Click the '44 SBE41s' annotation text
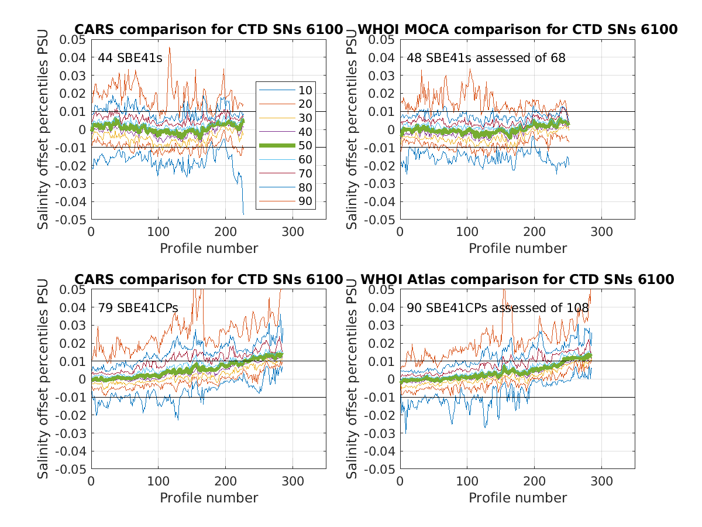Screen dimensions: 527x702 pyautogui.click(x=122, y=57)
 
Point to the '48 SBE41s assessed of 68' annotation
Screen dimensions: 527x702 pyautogui.click(x=486, y=57)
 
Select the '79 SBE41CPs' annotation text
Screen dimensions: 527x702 pyautogui.click(x=138, y=307)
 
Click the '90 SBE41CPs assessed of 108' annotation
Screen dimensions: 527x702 pyautogui.click(x=498, y=307)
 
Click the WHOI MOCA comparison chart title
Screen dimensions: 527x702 pyautogui.click(x=517, y=29)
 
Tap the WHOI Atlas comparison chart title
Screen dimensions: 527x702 pyautogui.click(x=517, y=279)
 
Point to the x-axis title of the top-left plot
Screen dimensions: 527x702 pyautogui.click(x=209, y=248)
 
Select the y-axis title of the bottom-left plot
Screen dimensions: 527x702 pyautogui.click(x=43, y=379)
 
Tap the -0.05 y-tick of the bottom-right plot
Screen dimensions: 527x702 pyautogui.click(x=379, y=470)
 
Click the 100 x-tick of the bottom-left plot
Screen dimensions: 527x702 pyautogui.click(x=158, y=480)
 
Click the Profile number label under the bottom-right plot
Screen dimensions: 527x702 pyautogui.click(x=518, y=498)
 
